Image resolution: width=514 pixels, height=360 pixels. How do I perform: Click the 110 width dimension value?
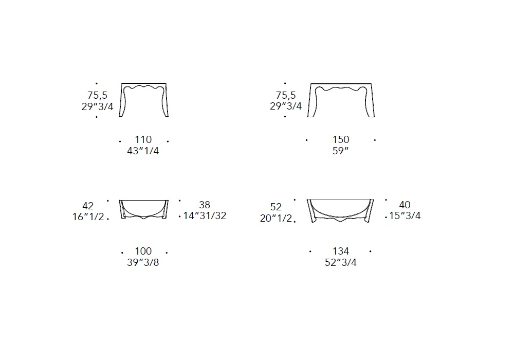click(x=143, y=140)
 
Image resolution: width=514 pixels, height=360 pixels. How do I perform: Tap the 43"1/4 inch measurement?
click(x=143, y=151)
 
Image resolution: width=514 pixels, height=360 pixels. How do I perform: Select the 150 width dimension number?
click(x=341, y=140)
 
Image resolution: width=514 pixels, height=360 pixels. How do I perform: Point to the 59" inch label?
click(x=341, y=151)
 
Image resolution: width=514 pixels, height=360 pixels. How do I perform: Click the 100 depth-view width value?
click(x=143, y=251)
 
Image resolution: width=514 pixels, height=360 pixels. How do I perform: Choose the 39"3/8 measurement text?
click(x=143, y=263)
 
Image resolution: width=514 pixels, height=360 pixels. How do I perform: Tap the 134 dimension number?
click(x=341, y=251)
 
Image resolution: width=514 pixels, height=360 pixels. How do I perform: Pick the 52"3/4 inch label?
click(x=341, y=263)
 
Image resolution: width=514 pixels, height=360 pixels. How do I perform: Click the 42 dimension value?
click(x=88, y=206)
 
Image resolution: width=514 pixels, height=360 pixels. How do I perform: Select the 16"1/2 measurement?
click(x=88, y=217)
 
